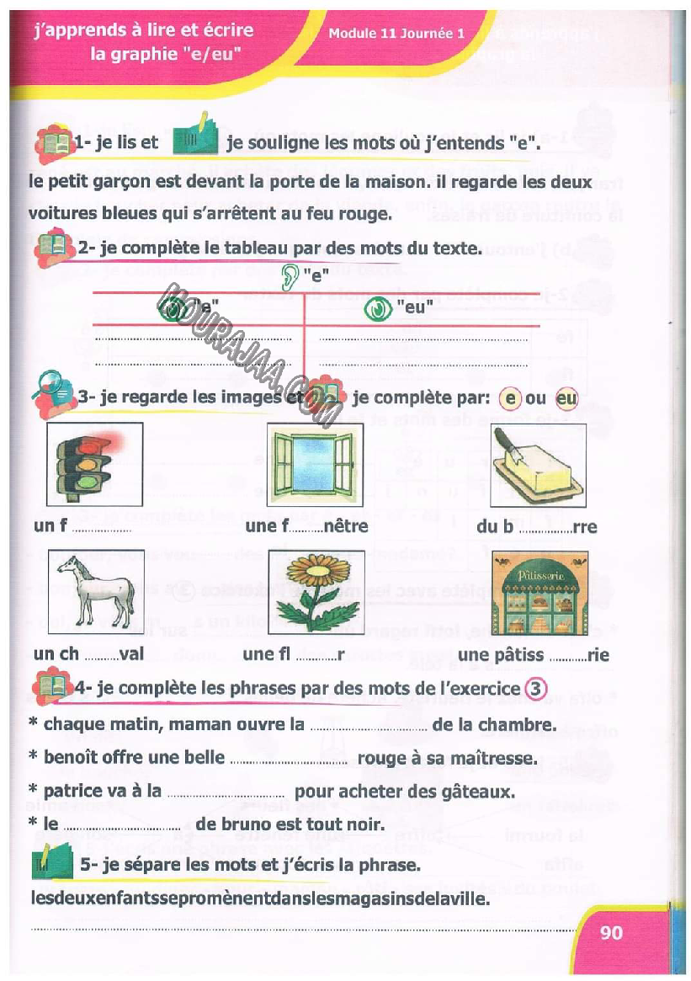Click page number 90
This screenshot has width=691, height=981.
point(612,932)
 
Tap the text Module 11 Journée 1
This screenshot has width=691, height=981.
point(396,35)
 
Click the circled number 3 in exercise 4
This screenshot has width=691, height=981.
point(535,688)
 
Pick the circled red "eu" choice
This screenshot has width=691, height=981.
point(566,397)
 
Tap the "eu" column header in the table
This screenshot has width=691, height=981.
point(414,308)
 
